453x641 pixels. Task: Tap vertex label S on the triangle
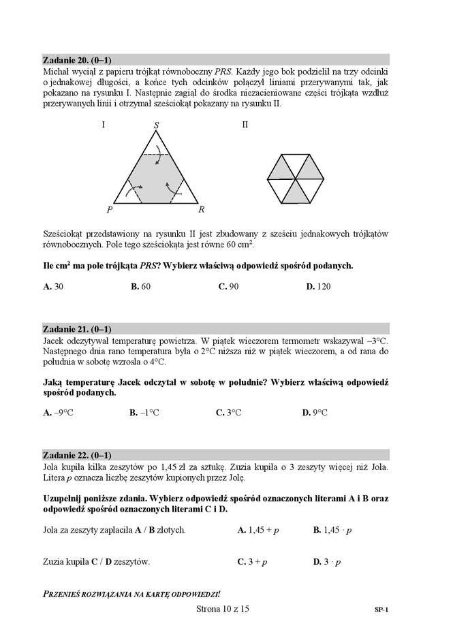point(156,125)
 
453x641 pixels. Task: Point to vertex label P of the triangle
point(109,210)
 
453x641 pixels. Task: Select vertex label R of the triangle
point(202,210)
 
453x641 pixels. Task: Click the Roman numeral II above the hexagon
point(245,125)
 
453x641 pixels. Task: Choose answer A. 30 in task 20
point(53,287)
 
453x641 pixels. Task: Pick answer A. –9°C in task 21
point(57,413)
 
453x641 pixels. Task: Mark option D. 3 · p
point(326,562)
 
